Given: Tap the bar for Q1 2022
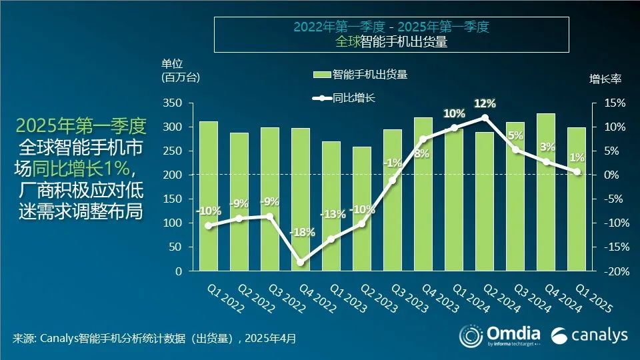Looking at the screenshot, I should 209,200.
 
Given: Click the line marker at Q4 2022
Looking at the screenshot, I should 301,263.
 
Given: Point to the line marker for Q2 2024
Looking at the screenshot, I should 485,117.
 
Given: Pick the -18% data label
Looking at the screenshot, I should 301,232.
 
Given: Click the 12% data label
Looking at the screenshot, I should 485,103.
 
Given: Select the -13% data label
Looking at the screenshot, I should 333,214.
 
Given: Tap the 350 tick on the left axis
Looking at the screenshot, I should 175,103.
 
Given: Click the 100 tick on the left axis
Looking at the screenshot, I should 175,223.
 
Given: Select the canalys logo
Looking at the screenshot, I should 590,335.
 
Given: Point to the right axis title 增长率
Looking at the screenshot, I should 605,79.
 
